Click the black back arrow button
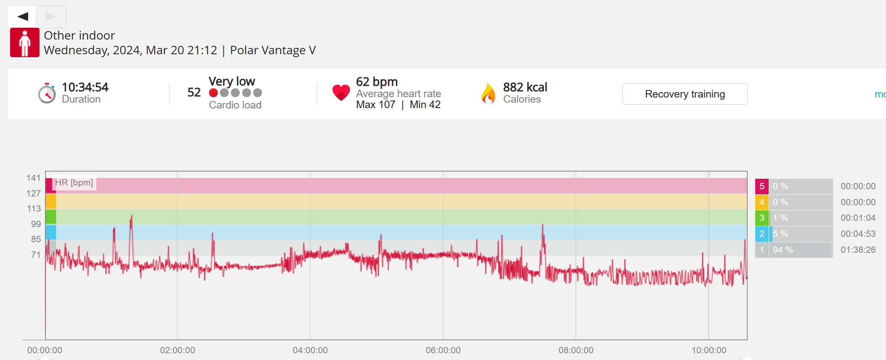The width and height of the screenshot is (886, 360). click(23, 16)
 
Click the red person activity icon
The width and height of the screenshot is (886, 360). click(25, 42)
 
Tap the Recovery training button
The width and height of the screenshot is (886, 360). click(685, 94)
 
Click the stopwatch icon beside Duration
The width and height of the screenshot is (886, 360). click(47, 93)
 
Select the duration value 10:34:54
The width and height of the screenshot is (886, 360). click(85, 87)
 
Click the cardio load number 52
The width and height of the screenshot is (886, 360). click(194, 93)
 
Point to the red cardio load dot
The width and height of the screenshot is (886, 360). click(214, 93)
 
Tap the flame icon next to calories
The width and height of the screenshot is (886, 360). click(488, 93)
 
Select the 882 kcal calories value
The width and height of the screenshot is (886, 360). click(525, 87)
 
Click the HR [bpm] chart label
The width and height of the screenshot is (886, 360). click(74, 183)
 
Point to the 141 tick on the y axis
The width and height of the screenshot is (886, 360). click(34, 178)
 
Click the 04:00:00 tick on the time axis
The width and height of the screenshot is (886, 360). click(310, 350)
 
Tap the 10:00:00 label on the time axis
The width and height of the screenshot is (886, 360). click(709, 350)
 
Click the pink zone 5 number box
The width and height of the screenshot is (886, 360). click(762, 186)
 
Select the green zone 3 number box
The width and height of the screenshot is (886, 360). click(762, 218)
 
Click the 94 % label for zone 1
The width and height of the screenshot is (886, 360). click(783, 250)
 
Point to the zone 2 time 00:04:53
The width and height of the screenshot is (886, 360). click(858, 234)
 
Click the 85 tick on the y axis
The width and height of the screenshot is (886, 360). click(36, 239)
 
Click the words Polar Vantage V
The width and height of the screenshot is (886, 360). click(272, 50)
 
